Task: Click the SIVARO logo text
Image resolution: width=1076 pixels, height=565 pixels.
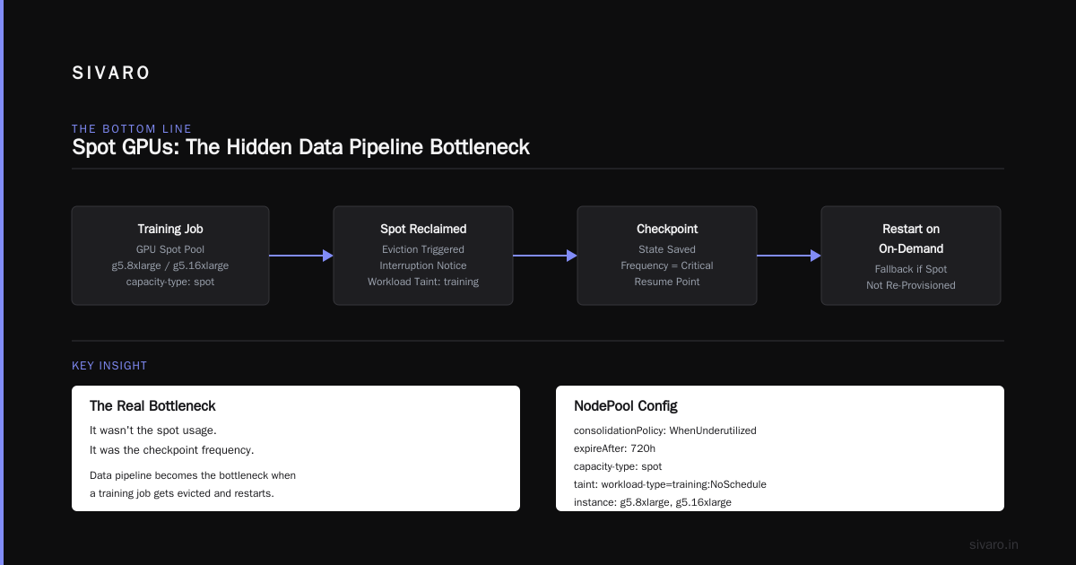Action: coord(110,73)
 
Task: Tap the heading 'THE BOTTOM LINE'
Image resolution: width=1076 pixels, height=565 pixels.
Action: coord(132,129)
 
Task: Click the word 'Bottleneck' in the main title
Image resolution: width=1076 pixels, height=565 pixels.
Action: coord(480,147)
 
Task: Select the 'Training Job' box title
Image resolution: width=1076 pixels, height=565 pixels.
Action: coord(170,229)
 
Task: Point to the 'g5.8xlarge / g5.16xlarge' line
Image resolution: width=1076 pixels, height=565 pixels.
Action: coord(170,265)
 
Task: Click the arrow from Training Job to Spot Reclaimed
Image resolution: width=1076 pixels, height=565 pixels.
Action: coord(301,256)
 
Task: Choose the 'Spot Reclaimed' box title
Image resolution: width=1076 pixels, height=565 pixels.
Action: coord(423,229)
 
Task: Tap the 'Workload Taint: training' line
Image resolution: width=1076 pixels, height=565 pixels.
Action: coord(423,282)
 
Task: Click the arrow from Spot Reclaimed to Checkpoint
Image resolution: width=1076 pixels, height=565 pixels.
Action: coord(545,256)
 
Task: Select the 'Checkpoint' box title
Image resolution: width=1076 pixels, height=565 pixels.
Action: coord(667,229)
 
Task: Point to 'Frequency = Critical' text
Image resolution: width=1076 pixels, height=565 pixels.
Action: coord(667,265)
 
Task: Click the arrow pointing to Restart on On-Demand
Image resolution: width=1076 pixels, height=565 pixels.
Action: coord(789,256)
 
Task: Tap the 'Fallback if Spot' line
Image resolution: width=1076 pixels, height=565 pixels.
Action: coord(911,269)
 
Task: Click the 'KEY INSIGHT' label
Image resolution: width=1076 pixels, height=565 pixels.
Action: coord(109,366)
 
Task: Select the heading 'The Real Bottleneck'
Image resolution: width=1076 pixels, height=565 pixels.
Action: coord(152,406)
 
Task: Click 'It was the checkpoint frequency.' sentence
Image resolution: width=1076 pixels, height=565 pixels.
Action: coord(171,450)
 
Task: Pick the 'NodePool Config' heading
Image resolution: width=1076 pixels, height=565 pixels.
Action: coord(626,406)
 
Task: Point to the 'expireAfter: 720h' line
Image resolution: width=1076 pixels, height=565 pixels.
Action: coord(614,448)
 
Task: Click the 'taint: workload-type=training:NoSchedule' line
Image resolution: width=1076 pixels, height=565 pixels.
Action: coord(670,484)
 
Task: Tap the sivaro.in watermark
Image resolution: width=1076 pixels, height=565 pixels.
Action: coord(994,544)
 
